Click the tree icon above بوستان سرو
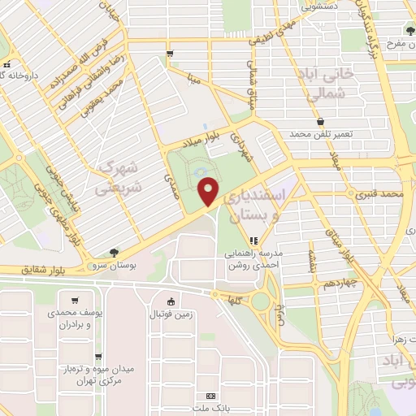[x=113, y=253]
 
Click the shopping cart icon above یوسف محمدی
[x=75, y=300]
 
